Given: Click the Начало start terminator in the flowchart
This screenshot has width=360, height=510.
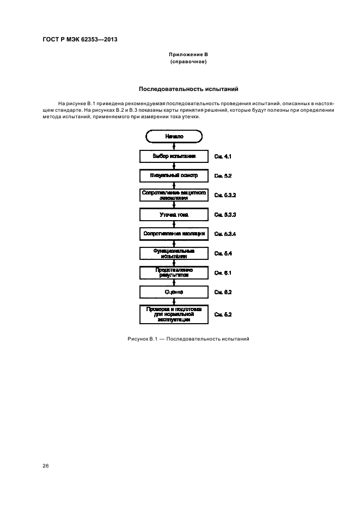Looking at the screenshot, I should pos(174,136).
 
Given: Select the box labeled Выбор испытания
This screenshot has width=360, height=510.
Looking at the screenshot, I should pos(174,156).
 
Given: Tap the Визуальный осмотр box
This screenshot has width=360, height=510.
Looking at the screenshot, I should pos(174,176).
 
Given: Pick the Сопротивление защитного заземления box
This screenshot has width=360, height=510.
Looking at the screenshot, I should pos(174,195).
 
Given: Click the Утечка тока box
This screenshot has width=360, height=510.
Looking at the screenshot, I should pos(174,215).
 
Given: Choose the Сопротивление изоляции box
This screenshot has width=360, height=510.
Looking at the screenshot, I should pos(174,234).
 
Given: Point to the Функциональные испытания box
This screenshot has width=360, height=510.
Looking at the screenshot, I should pos(174,253).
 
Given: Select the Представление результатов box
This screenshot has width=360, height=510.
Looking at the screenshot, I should pos(174,272).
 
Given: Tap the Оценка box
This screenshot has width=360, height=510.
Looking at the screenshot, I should pos(174,292).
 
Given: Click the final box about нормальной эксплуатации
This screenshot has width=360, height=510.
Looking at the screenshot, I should pos(174,314).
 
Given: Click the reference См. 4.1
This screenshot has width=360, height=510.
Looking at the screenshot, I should pos(223,157).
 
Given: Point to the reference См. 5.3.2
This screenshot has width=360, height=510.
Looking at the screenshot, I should pos(225,195).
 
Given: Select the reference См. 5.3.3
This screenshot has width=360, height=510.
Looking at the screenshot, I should pos(225,215).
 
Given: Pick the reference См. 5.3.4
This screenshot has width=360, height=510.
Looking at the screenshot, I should pos(225,234).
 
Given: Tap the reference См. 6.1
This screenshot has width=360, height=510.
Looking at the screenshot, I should pos(223,272).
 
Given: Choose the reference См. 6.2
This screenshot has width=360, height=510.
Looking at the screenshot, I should pos(223,293).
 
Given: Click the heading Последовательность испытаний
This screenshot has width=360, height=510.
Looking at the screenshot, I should pos(188,89).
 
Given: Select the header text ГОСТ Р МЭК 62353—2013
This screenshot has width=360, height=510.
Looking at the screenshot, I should pos(80,40).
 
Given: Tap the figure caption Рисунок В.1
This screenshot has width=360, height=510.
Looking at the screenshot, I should pos(188,339).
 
